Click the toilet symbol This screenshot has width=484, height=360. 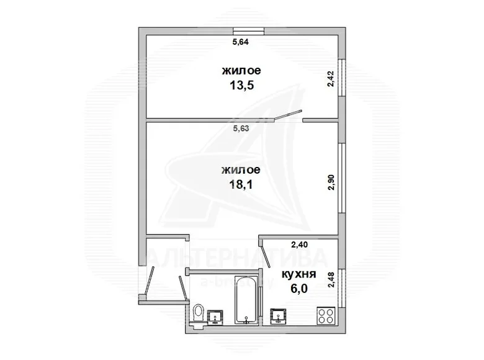coord(198,314)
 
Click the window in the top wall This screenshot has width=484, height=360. coord(248,31)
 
